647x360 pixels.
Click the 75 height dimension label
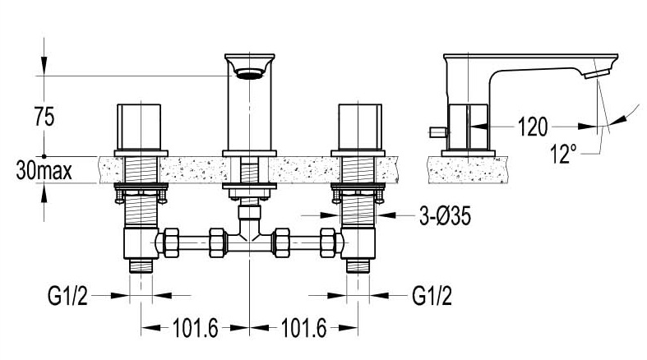[x=44, y=117]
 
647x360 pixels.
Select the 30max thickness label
[x=44, y=170]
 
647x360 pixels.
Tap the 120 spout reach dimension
[x=533, y=127]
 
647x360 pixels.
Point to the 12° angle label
[x=564, y=154]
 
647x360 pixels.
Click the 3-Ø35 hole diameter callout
[x=446, y=215]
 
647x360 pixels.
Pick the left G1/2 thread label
[x=67, y=296]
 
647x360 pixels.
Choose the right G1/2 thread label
[x=432, y=296]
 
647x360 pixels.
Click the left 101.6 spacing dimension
[x=195, y=328]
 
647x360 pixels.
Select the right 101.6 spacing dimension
[x=303, y=328]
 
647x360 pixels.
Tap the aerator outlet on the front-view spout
[x=249, y=74]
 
